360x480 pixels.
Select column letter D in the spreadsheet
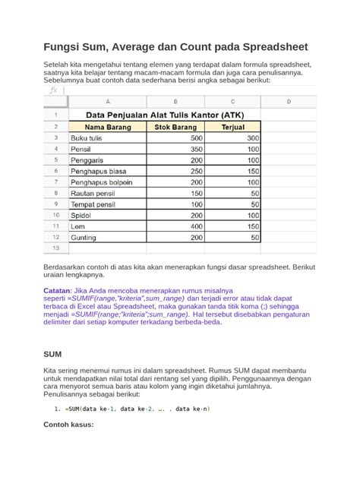pos(289,101)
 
